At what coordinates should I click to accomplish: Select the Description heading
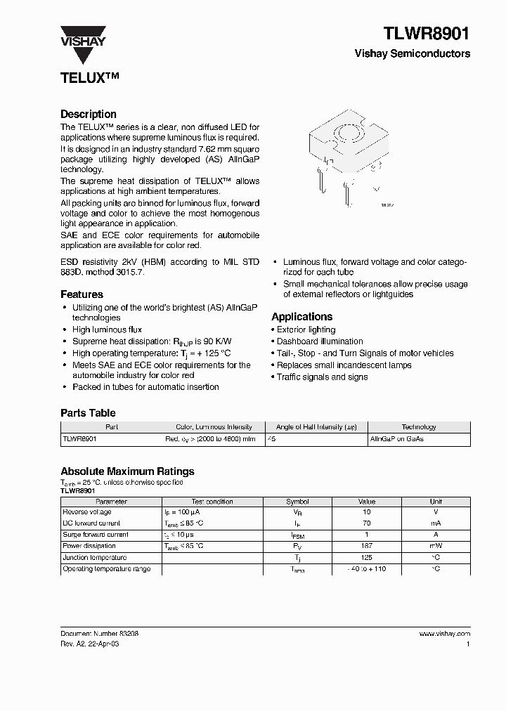(89, 114)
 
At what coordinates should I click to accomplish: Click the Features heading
(82, 294)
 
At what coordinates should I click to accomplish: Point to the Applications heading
(302, 317)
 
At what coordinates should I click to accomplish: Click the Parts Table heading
(88, 413)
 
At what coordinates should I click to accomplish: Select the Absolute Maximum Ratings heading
(127, 471)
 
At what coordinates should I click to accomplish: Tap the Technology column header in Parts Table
(419, 427)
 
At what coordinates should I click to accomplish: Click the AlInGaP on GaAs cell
(396, 438)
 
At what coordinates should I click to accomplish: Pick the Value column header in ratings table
(367, 502)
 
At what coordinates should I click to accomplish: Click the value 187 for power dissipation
(367, 546)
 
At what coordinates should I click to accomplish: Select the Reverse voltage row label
(87, 512)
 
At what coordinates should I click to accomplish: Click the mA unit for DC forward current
(436, 523)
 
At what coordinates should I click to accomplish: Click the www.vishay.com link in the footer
(444, 634)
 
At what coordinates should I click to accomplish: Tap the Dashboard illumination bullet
(320, 341)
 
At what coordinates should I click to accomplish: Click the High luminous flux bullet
(107, 330)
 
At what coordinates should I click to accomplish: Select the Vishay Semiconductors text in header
(413, 53)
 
